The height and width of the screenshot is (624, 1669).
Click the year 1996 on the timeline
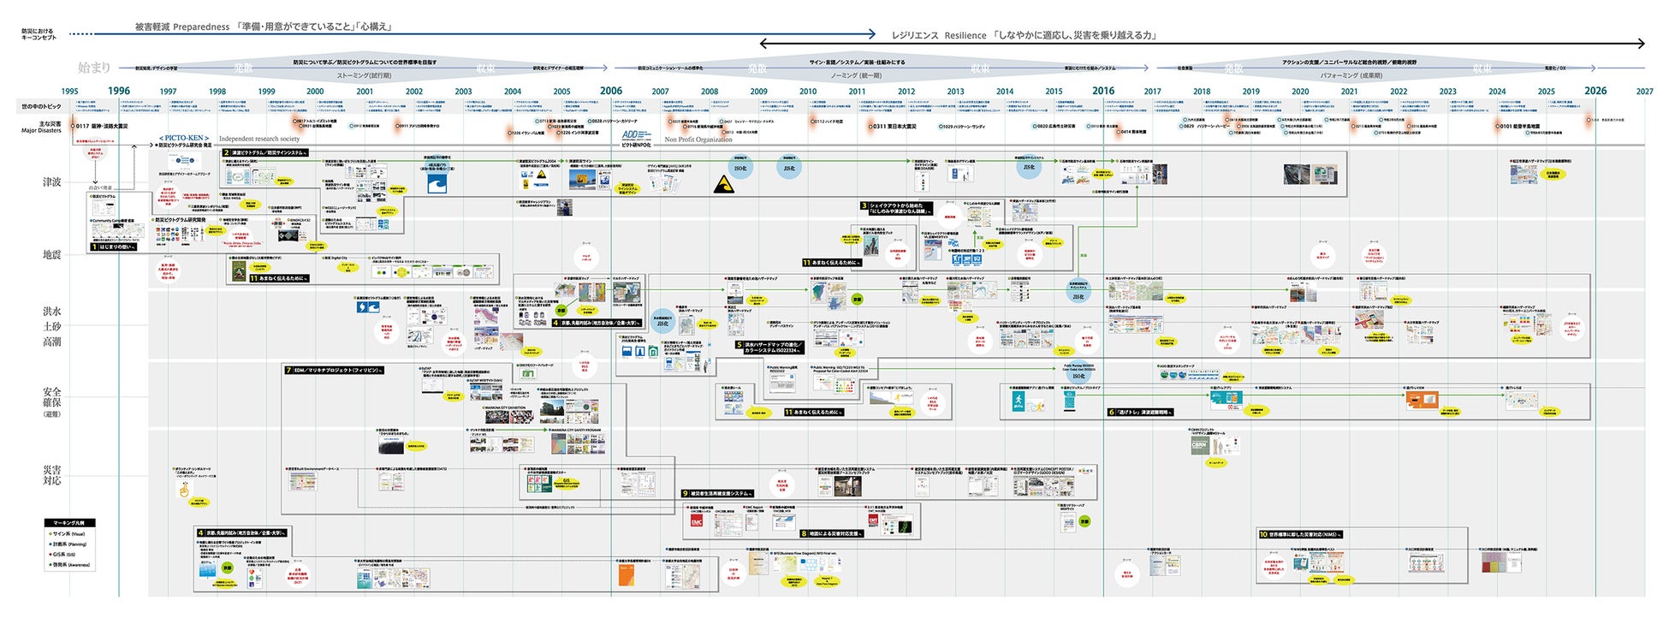coord(119,91)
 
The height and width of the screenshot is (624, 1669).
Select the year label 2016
coord(1103,91)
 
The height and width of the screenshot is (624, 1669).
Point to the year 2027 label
coord(1644,92)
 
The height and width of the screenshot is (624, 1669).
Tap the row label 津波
coord(52,182)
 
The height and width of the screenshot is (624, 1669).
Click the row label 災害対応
coord(52,475)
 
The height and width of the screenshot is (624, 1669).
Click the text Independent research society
coord(259,139)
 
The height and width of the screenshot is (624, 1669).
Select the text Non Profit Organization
coord(698,140)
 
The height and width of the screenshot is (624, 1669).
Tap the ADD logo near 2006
coord(631,135)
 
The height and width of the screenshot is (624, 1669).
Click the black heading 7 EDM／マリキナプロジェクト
coord(334,371)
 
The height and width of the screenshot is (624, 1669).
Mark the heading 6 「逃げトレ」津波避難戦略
coord(1140,412)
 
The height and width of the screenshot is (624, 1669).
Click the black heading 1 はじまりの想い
coord(114,247)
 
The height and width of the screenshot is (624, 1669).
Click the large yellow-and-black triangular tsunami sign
coord(723,184)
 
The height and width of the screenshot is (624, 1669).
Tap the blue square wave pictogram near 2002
coord(437,183)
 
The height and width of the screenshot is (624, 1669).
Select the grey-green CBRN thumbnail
coord(1199,446)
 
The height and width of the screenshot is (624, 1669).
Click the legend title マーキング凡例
coord(70,522)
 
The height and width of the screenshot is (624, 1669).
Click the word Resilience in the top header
coord(965,36)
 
